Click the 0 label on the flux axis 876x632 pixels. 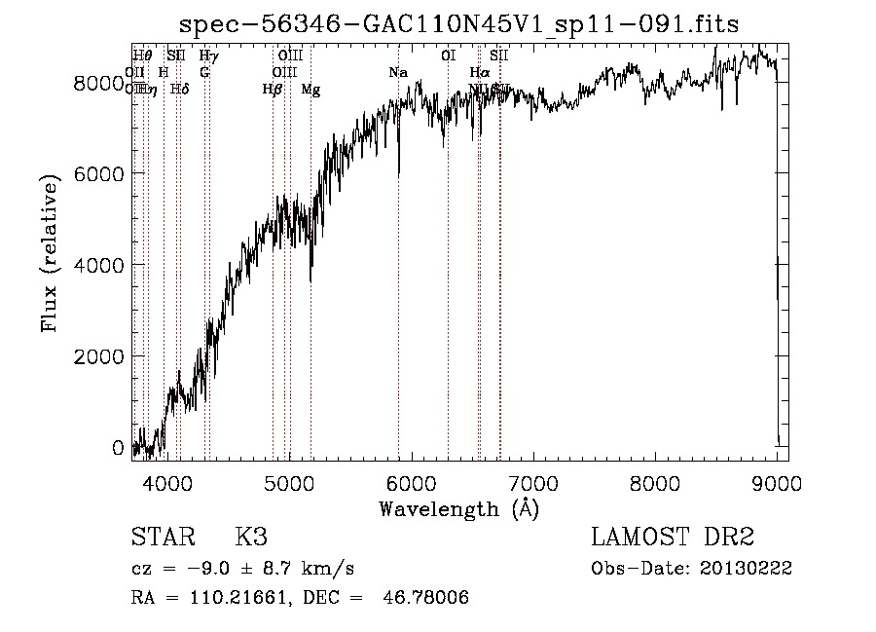(x=118, y=448)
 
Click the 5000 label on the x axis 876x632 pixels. (x=290, y=481)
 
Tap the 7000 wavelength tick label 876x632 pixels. (x=533, y=481)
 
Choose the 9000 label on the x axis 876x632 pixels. (x=777, y=481)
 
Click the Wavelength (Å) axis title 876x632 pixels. (x=459, y=508)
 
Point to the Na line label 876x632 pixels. (x=398, y=73)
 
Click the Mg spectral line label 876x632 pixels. (x=310, y=90)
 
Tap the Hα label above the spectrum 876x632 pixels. (x=479, y=73)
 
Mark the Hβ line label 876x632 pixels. (x=273, y=90)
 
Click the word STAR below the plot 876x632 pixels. (x=161, y=539)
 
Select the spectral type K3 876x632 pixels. (x=251, y=539)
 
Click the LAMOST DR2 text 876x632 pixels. (x=673, y=539)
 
